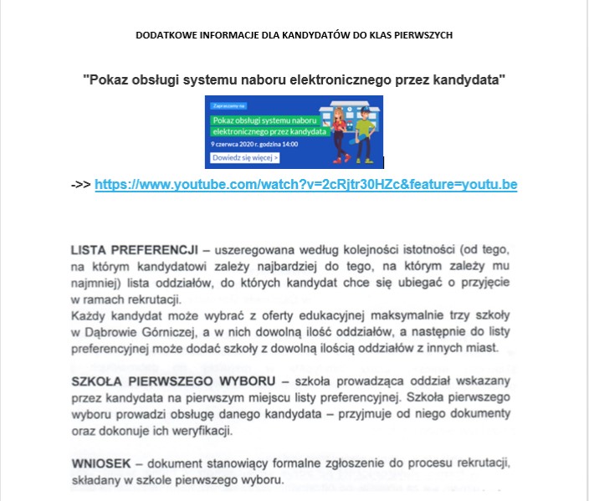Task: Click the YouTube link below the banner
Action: [x=305, y=184]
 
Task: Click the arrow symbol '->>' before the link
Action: [x=81, y=184]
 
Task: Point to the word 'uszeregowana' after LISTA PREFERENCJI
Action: [x=258, y=249]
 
